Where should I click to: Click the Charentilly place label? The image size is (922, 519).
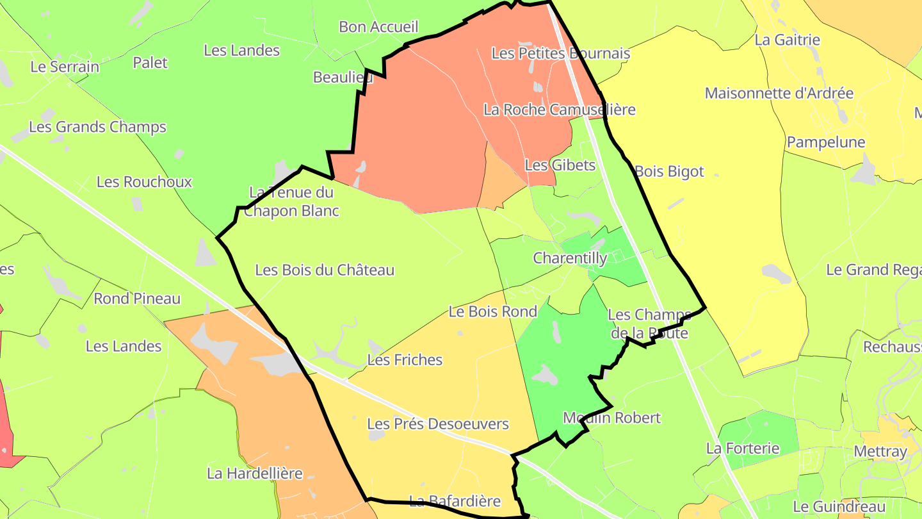[x=570, y=258]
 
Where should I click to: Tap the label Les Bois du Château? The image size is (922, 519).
[x=325, y=270]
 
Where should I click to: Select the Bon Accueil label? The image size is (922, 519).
[x=378, y=27]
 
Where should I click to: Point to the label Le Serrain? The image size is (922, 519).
[x=65, y=67]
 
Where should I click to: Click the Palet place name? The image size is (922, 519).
[x=150, y=63]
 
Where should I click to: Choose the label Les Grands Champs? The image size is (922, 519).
[x=97, y=127]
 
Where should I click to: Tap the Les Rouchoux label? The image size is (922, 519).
[x=144, y=182]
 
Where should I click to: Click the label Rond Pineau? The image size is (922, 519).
[x=137, y=299]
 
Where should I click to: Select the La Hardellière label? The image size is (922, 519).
[x=254, y=474]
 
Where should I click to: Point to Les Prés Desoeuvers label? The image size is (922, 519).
[x=438, y=424]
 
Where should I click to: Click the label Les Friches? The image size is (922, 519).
[x=405, y=360]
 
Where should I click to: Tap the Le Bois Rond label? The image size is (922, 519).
[x=492, y=312]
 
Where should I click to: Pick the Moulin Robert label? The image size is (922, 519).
[x=611, y=418]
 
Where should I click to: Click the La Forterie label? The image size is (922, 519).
[x=743, y=449]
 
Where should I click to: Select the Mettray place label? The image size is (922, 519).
[x=880, y=452]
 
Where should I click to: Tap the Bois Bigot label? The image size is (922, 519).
[x=668, y=172]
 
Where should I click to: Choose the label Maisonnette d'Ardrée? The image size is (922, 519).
[x=779, y=94]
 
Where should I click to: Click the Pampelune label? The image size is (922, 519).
[x=826, y=142]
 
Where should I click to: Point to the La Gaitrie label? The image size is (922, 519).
[x=787, y=40]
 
